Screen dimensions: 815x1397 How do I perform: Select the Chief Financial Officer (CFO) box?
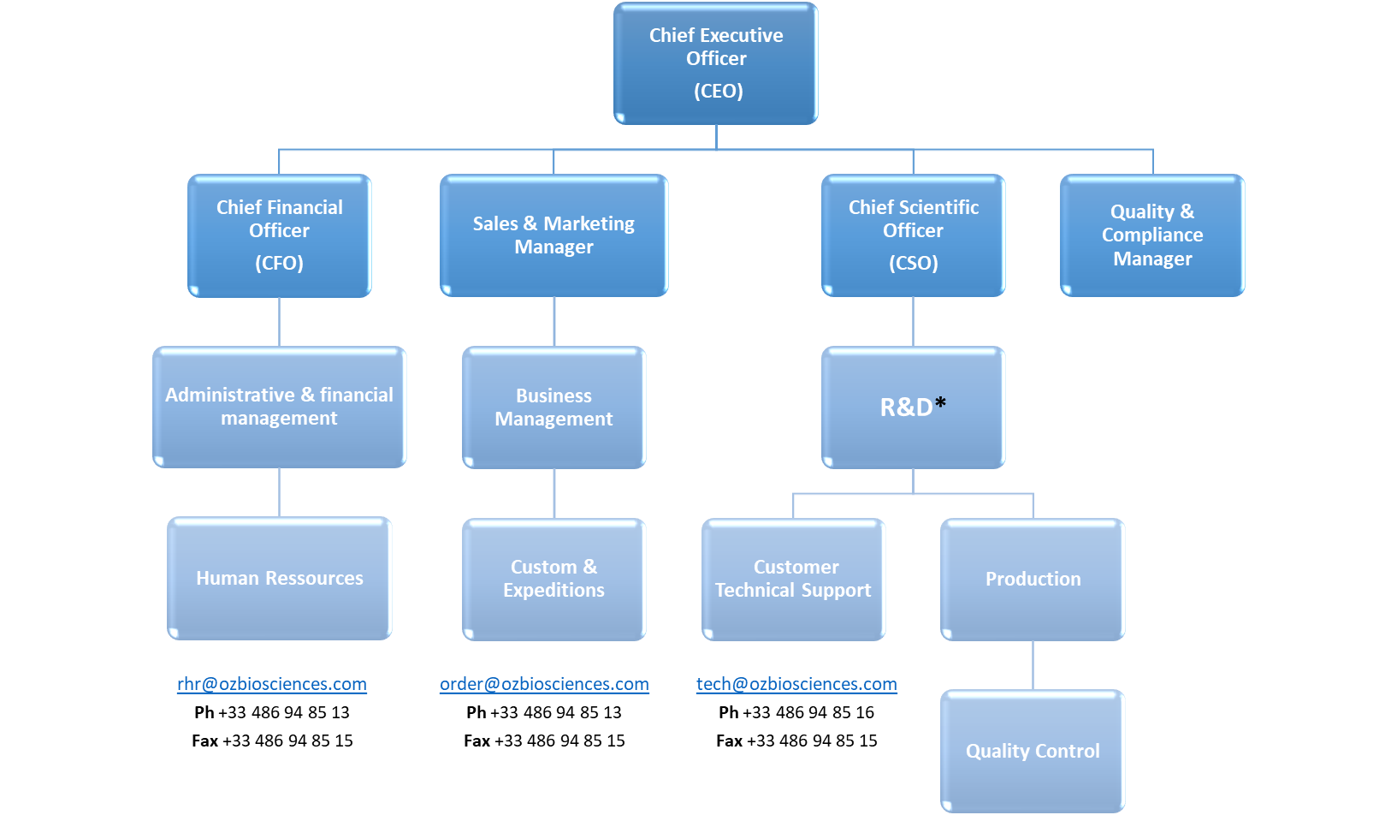click(x=280, y=235)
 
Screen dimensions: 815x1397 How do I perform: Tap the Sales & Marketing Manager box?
click(x=553, y=235)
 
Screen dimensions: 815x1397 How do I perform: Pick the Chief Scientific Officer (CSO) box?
click(x=913, y=235)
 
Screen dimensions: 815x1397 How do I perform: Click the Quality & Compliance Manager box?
click(x=1152, y=235)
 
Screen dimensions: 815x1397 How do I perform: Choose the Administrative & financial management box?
click(x=280, y=407)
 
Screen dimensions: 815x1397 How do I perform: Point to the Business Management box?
click(x=553, y=407)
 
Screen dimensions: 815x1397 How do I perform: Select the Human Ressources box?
click(x=280, y=578)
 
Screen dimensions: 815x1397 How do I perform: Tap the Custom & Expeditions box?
click(x=553, y=579)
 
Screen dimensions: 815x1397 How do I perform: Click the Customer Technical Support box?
click(x=793, y=579)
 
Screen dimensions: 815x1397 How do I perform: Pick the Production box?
click(x=1033, y=579)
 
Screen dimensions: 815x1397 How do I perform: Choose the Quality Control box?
click(x=1033, y=751)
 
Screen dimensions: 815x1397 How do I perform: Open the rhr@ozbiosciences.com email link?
click(x=272, y=684)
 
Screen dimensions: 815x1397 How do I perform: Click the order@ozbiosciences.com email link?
click(x=544, y=684)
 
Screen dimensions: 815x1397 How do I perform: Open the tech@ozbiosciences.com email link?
click(x=796, y=684)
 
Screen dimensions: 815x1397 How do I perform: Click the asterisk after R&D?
click(x=940, y=402)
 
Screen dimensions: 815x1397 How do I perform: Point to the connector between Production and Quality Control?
click(x=1033, y=665)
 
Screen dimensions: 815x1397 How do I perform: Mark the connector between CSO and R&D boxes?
click(x=913, y=322)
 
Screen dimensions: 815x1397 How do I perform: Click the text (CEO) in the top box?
click(x=718, y=91)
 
